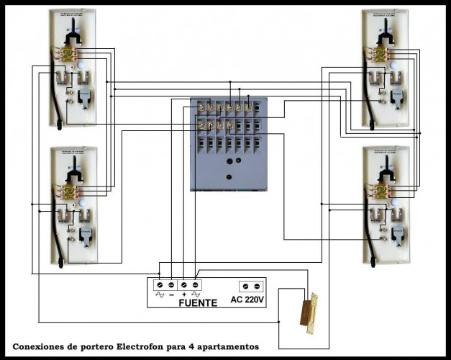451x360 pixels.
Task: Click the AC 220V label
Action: (x=247, y=300)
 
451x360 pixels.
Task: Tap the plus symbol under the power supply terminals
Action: (x=184, y=294)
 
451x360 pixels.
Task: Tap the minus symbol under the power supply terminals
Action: (x=173, y=294)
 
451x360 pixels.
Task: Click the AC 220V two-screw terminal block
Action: (x=250, y=284)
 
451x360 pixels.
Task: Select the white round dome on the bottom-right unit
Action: (x=396, y=204)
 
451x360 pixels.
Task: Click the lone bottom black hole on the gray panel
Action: (x=229, y=176)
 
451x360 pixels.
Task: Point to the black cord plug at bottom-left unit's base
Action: (x=60, y=262)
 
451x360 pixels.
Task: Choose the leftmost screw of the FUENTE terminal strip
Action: (x=160, y=284)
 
